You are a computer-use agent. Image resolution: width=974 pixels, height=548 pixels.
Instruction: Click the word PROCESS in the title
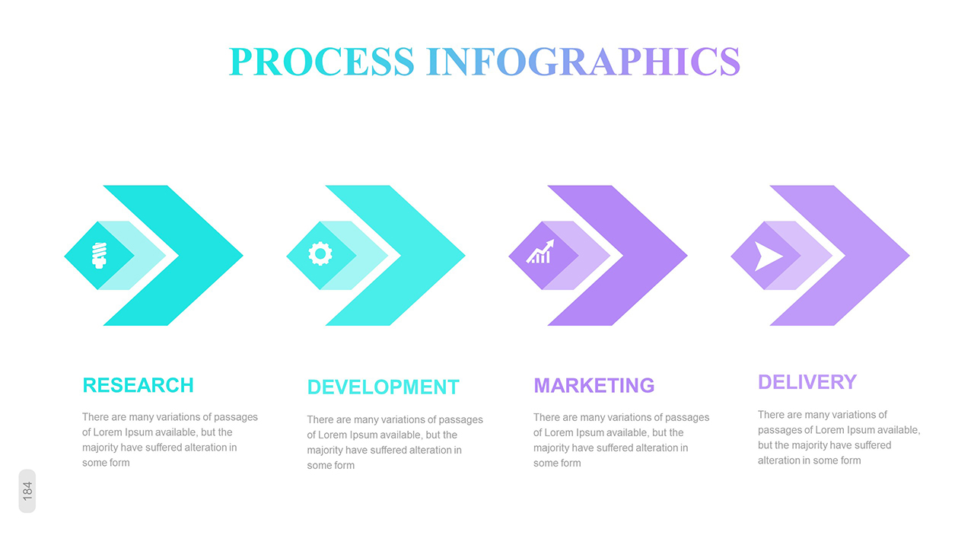tap(321, 62)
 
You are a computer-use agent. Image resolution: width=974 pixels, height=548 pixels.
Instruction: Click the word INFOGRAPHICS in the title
tap(583, 62)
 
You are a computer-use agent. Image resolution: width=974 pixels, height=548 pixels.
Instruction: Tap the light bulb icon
tap(99, 255)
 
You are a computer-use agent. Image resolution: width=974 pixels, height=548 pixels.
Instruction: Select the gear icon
tap(320, 254)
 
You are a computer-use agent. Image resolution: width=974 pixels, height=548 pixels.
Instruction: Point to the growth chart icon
tap(540, 252)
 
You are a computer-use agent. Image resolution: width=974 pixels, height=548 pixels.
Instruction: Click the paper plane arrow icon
tap(768, 256)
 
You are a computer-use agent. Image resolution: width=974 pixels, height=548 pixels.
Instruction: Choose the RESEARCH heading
tap(138, 385)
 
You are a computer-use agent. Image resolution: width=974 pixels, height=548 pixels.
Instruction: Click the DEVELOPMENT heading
tap(383, 387)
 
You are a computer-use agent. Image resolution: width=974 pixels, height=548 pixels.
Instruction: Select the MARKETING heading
tap(594, 385)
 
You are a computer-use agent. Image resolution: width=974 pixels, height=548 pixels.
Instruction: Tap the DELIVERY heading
tap(807, 382)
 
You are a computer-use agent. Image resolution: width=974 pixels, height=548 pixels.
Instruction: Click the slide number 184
tap(27, 491)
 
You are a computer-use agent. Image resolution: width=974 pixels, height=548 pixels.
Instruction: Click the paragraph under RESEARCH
tap(170, 440)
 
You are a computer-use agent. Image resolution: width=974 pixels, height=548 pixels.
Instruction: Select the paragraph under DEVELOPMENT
tap(394, 442)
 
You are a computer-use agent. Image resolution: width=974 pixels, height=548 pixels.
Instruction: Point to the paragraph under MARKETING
tap(621, 440)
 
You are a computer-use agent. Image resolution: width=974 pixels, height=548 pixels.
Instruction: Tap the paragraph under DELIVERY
tap(839, 438)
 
